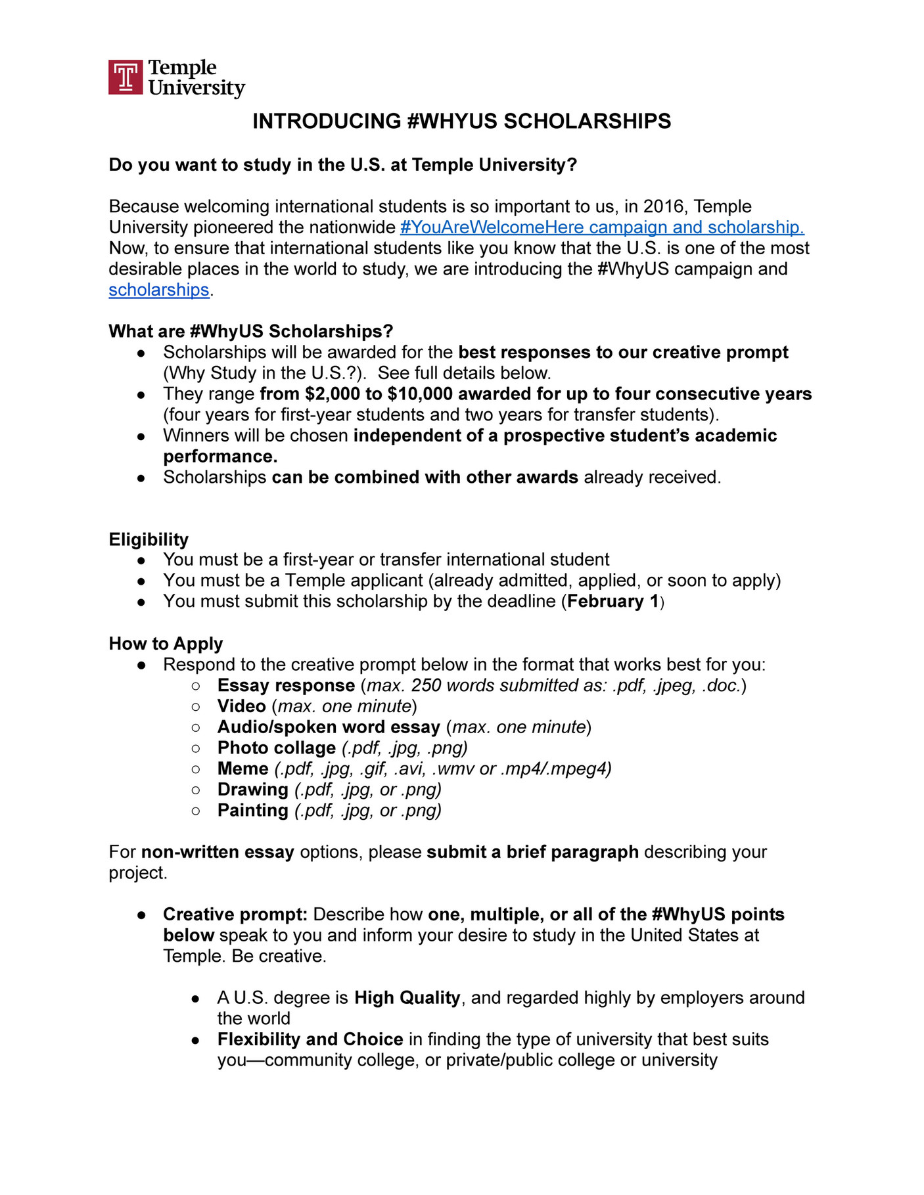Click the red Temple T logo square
click(x=125, y=78)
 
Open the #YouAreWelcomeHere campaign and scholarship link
click(x=601, y=227)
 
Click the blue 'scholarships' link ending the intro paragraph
click(x=158, y=290)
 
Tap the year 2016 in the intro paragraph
click(x=664, y=206)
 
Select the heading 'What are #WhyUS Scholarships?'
click(x=250, y=331)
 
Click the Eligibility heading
click(x=149, y=539)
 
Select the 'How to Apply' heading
click(x=166, y=644)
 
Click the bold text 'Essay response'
click(x=286, y=685)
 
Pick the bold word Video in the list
click(x=241, y=706)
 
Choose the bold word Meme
click(x=243, y=769)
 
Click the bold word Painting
click(x=252, y=810)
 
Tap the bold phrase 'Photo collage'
click(x=276, y=748)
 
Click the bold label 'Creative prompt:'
click(x=235, y=914)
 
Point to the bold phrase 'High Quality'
click(x=407, y=998)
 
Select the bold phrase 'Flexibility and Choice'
click(x=310, y=1039)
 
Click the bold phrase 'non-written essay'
click(x=218, y=852)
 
